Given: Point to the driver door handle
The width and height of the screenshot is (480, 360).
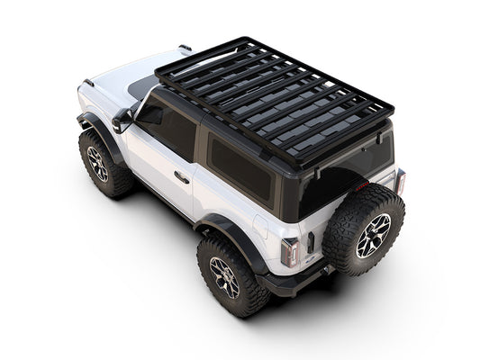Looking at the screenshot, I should coord(182,178).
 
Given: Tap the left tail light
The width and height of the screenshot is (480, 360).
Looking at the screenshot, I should coord(289,252).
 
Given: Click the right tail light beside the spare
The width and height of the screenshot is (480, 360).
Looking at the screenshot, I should coord(399,182).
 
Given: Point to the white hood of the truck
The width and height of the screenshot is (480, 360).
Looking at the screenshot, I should coord(117,85).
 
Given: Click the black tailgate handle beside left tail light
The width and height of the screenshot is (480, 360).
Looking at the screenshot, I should coord(310,242).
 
